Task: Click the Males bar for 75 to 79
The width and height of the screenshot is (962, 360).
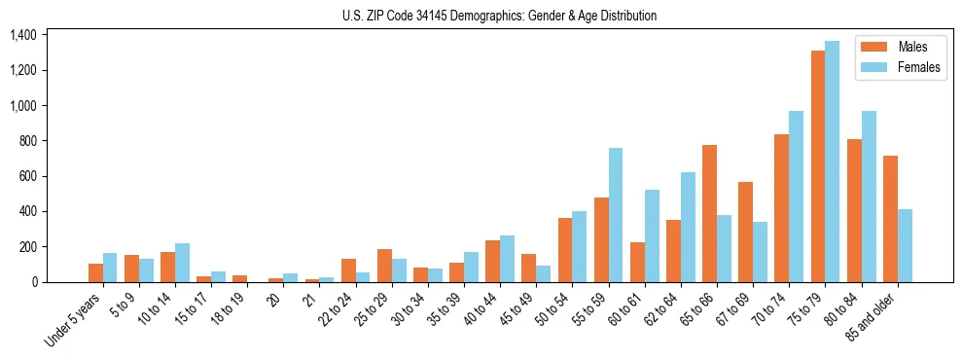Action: pos(818,166)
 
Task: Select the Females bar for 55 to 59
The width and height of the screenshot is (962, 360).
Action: pos(616,215)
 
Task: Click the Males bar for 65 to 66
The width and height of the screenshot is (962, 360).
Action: pos(709,213)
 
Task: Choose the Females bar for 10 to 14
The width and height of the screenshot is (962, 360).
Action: pos(182,263)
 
